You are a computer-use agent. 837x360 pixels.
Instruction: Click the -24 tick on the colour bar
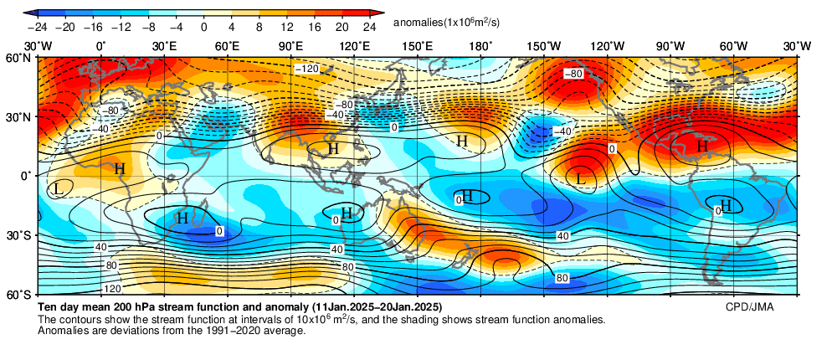click(x=37, y=26)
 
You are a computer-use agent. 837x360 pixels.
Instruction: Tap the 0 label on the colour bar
click(x=203, y=26)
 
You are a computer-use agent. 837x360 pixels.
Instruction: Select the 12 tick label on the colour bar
click(x=287, y=26)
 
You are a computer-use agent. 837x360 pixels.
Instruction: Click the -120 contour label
click(x=308, y=68)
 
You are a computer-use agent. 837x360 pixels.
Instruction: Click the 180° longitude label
click(x=480, y=46)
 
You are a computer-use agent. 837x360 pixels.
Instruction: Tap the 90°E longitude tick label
click(x=290, y=46)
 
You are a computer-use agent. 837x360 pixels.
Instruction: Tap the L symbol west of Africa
click(x=57, y=188)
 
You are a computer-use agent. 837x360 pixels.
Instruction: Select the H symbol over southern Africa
click(x=182, y=218)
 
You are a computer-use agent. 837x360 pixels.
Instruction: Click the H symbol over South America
click(x=726, y=205)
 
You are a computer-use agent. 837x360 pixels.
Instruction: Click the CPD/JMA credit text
click(x=749, y=307)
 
